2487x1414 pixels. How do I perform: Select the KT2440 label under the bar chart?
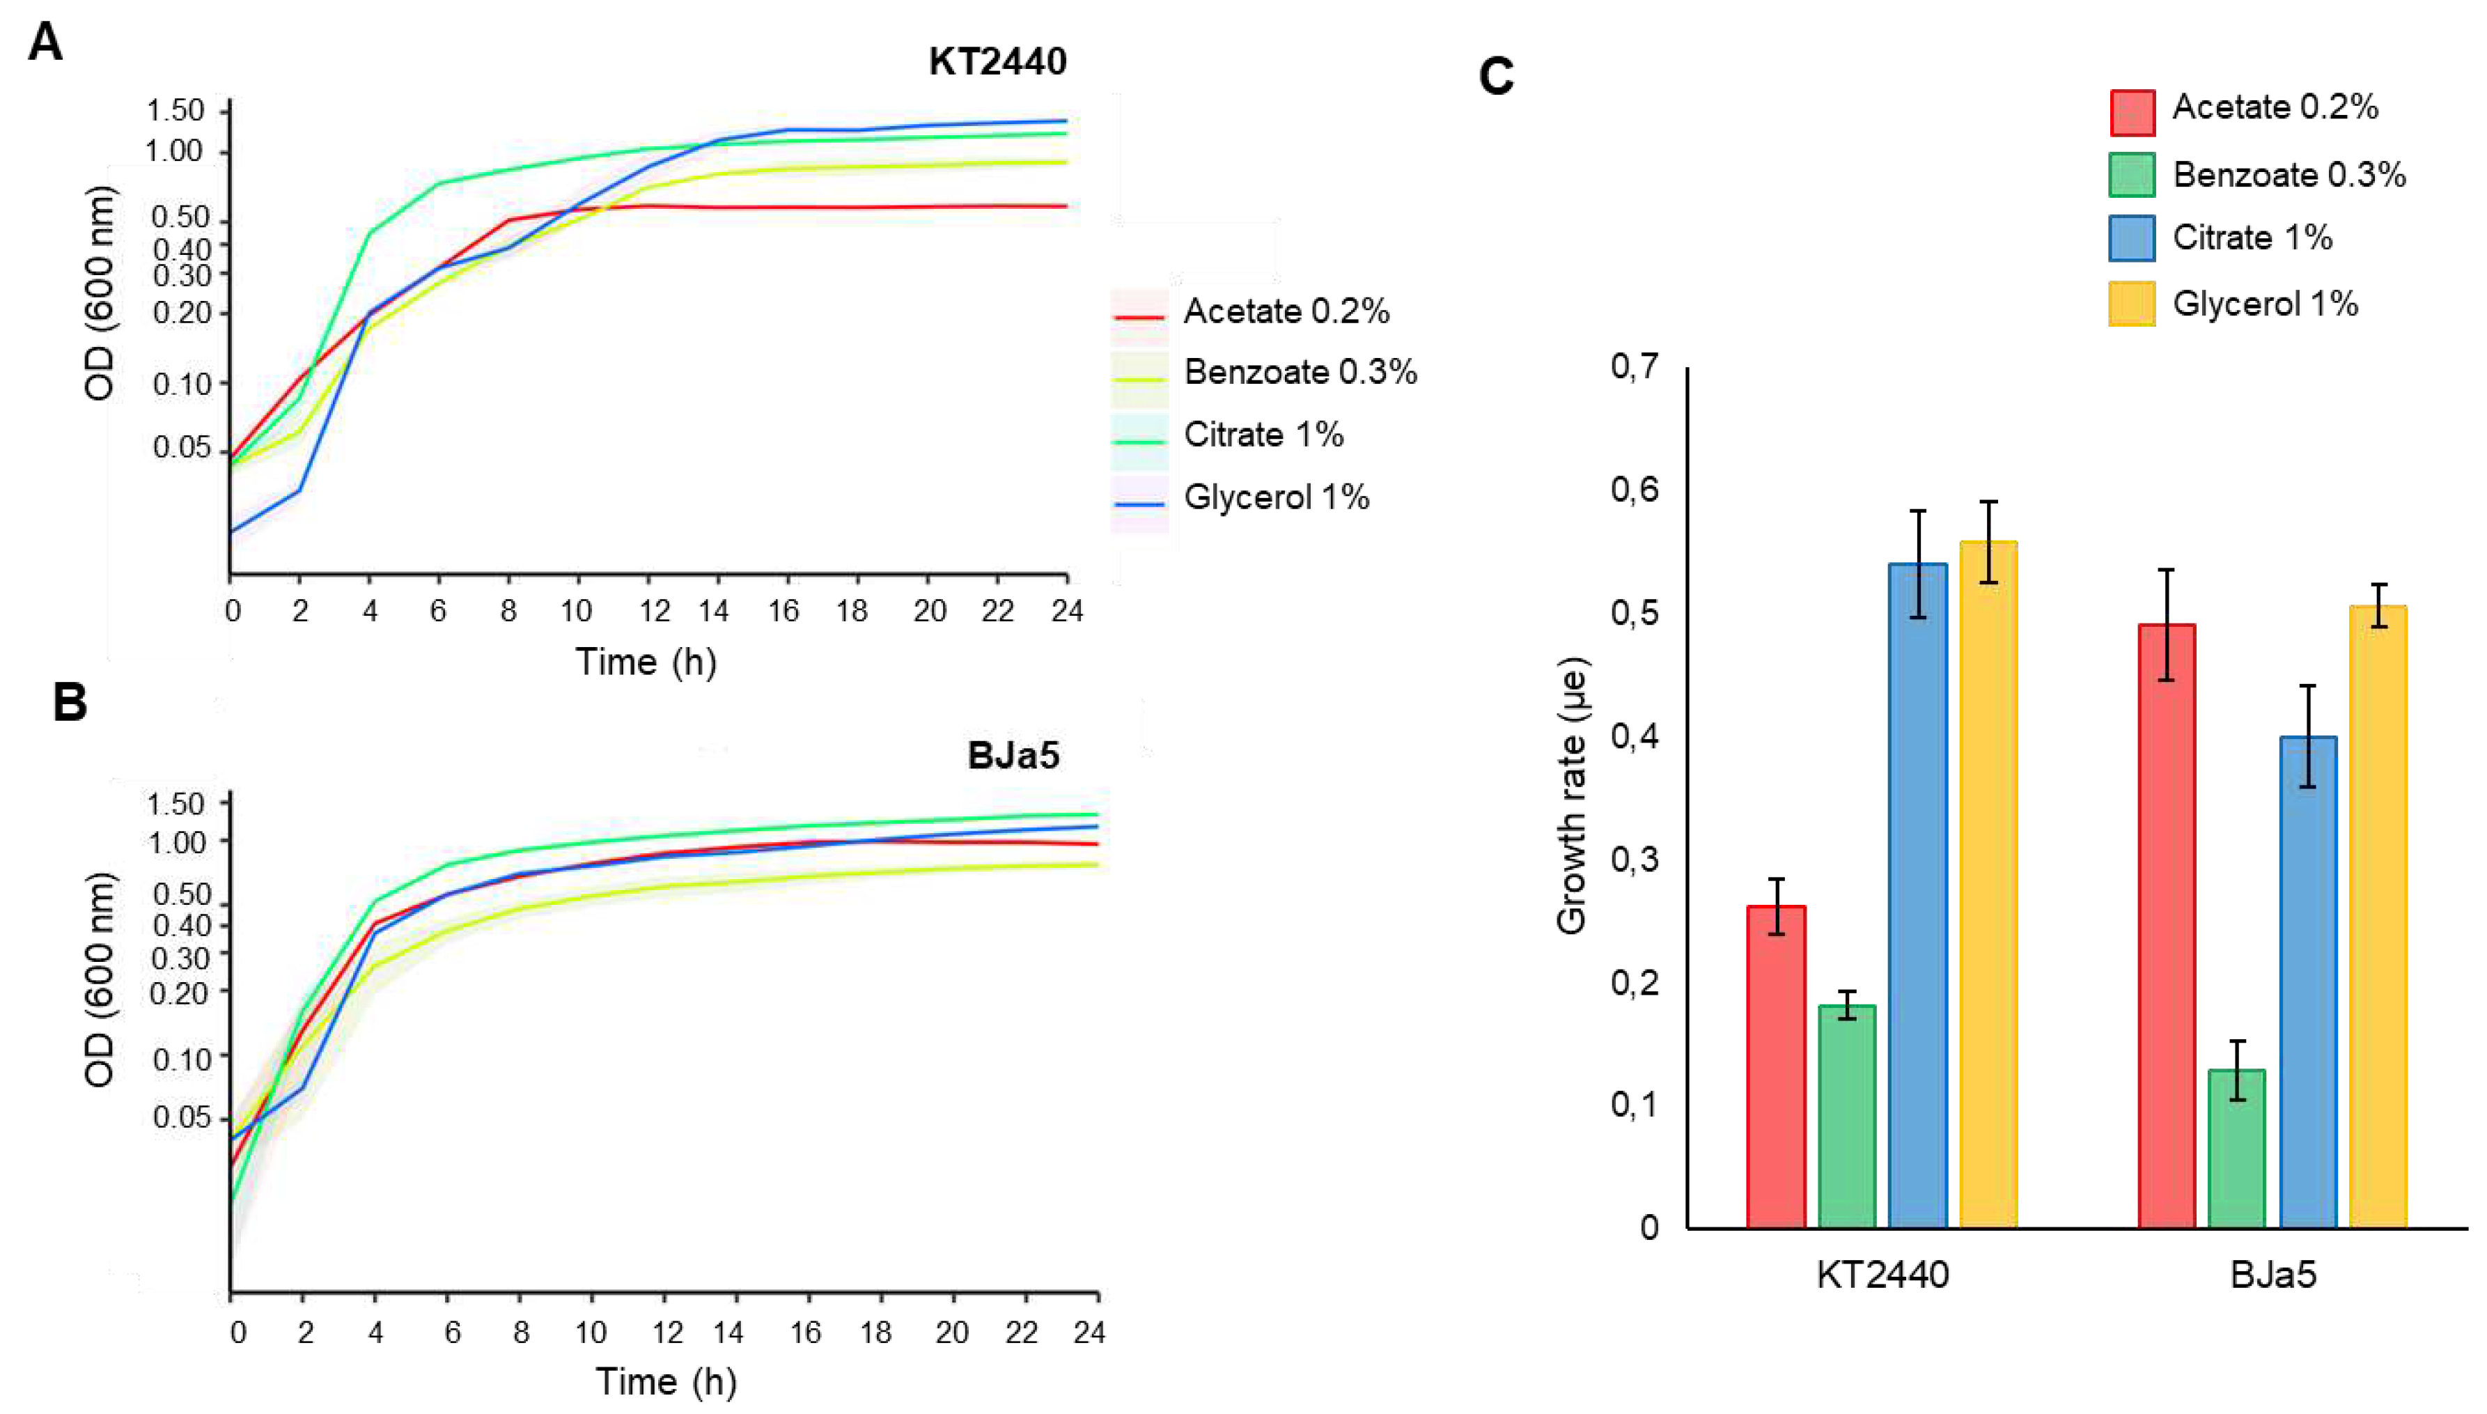tap(1882, 1274)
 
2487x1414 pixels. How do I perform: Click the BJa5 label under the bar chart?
tap(2273, 1274)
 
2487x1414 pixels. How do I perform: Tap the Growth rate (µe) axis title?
tap(1570, 796)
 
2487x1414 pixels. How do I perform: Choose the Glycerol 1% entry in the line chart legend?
tap(1275, 497)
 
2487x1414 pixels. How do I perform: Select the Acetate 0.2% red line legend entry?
tap(1285, 312)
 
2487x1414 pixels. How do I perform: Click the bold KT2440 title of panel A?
tap(997, 61)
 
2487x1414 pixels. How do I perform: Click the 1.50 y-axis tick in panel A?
tap(176, 111)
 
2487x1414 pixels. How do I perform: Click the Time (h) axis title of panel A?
tap(646, 662)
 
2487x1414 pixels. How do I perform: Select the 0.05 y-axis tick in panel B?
tap(182, 1118)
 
